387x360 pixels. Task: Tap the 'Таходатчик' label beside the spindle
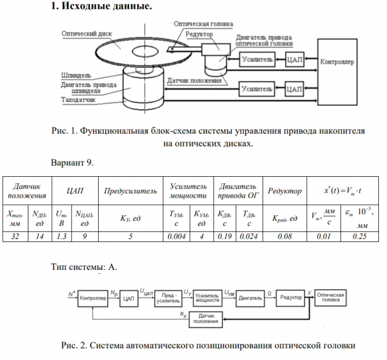coord(79,100)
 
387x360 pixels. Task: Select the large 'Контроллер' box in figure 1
coord(337,61)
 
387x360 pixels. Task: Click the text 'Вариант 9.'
coord(72,163)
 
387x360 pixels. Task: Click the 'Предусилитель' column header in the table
coord(130,191)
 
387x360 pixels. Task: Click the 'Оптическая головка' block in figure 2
coord(331,297)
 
